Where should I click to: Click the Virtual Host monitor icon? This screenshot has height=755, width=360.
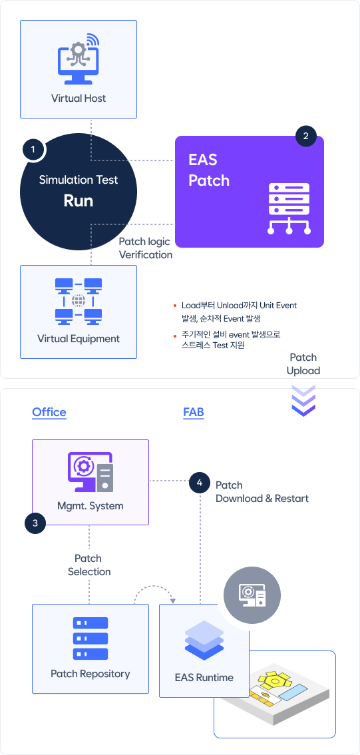click(77, 59)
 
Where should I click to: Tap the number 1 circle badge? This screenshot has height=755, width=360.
click(33, 150)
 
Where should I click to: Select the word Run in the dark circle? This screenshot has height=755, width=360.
click(79, 201)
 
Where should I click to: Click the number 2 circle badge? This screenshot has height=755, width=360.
click(305, 136)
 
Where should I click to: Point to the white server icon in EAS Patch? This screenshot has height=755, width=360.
click(289, 208)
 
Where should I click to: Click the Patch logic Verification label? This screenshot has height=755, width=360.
click(145, 248)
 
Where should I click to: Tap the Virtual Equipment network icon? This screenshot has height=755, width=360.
click(79, 301)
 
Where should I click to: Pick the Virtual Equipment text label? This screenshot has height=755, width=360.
click(79, 338)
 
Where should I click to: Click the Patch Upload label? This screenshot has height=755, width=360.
click(303, 364)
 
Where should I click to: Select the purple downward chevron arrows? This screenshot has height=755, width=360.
click(303, 399)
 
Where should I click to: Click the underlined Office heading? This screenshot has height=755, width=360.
click(49, 412)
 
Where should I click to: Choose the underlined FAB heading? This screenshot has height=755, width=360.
click(194, 412)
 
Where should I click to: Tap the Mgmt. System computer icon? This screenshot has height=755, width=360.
click(90, 472)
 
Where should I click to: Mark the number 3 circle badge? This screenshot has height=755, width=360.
click(35, 523)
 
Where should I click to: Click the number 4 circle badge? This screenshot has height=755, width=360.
click(200, 483)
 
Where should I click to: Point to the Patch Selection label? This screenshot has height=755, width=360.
click(89, 565)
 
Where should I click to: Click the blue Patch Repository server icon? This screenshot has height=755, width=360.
click(90, 638)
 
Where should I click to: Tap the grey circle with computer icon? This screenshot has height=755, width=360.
click(252, 596)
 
